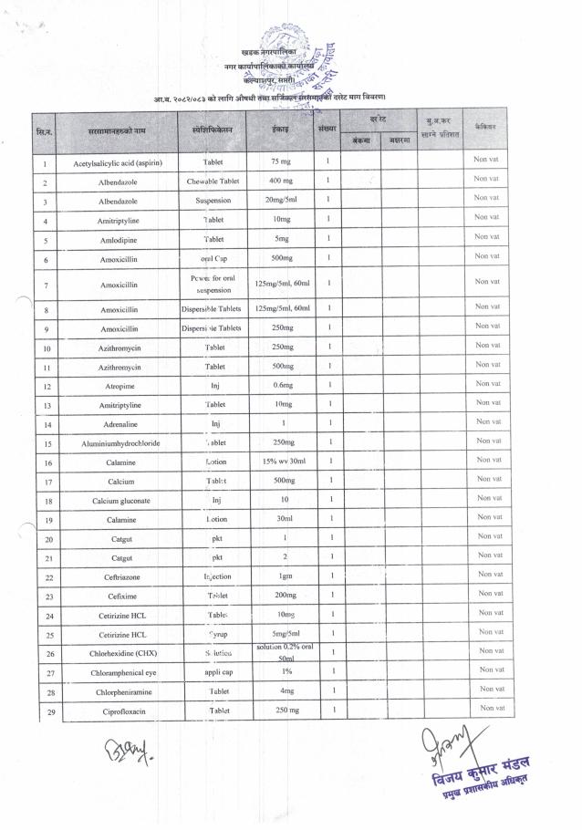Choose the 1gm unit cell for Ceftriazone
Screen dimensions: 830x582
pos(281,577)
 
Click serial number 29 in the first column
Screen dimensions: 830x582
pos(45,711)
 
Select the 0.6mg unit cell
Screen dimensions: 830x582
pos(281,386)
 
